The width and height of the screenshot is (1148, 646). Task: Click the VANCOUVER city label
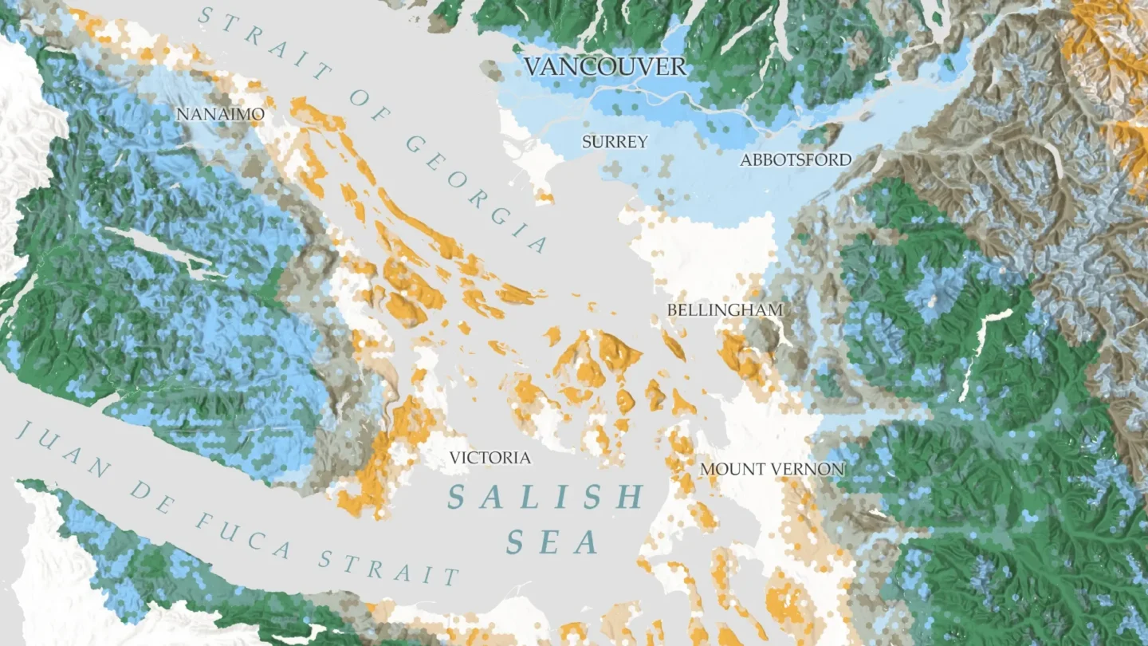point(605,66)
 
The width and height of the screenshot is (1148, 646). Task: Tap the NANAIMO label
point(220,115)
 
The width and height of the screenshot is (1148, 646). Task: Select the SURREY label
point(615,142)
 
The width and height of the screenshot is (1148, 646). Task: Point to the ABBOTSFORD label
point(796,160)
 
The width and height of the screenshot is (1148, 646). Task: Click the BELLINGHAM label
point(725,309)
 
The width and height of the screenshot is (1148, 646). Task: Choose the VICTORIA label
point(489,458)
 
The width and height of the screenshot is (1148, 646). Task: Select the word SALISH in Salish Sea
point(545,497)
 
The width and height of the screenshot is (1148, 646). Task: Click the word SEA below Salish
point(552,543)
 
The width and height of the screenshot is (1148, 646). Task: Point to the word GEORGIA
point(478,192)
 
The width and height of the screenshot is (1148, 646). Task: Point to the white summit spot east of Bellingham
point(932,301)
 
